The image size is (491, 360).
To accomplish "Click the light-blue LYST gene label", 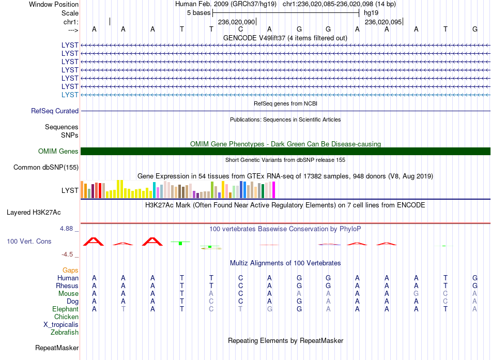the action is click(x=70, y=95).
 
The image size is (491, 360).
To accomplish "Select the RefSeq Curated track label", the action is click(x=55, y=111).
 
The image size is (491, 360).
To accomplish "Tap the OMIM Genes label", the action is click(x=58, y=152).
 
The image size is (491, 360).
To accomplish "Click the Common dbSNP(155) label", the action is click(x=46, y=167).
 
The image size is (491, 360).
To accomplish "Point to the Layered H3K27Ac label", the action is click(x=34, y=213).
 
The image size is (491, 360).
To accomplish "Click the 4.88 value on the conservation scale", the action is click(x=67, y=229).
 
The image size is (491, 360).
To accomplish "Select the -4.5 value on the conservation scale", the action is click(x=68, y=254).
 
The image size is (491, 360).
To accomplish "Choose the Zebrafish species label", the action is click(x=65, y=332).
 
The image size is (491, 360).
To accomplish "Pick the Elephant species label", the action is click(x=65, y=309).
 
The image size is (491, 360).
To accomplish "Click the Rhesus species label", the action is click(x=67, y=286).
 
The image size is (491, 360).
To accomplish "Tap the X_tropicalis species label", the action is click(x=61, y=325).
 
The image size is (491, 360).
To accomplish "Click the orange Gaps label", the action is click(x=70, y=270).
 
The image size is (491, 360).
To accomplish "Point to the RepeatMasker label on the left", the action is click(x=57, y=348).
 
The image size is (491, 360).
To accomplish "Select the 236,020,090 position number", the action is click(x=236, y=22).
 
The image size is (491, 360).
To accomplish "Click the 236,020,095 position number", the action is click(x=383, y=22).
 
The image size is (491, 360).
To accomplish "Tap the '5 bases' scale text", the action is click(x=199, y=13).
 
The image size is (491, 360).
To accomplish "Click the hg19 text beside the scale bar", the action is click(x=371, y=13).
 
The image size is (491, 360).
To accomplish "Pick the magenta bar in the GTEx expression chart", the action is click(x=274, y=190).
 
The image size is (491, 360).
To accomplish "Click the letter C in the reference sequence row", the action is click(x=240, y=29).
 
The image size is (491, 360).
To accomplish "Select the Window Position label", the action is click(x=54, y=4).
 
